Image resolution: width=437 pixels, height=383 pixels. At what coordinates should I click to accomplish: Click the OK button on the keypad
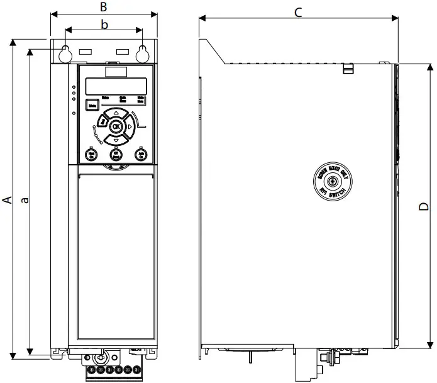tap(116, 126)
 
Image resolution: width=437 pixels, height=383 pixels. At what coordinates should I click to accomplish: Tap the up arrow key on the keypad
tap(116, 113)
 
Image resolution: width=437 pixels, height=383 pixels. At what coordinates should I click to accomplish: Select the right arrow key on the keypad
tap(130, 127)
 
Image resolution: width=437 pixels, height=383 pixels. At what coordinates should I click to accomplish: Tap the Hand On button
tap(91, 153)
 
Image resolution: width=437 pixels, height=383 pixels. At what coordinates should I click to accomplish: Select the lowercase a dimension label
tap(25, 200)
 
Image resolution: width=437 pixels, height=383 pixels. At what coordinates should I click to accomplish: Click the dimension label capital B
tap(104, 7)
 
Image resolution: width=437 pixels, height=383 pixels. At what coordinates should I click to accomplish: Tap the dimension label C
tap(299, 11)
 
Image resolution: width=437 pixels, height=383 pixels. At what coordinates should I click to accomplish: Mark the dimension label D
tap(424, 206)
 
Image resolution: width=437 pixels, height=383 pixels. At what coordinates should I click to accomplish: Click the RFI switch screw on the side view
tap(333, 182)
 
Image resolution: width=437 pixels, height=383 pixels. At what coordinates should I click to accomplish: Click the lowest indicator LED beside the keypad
tap(74, 113)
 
